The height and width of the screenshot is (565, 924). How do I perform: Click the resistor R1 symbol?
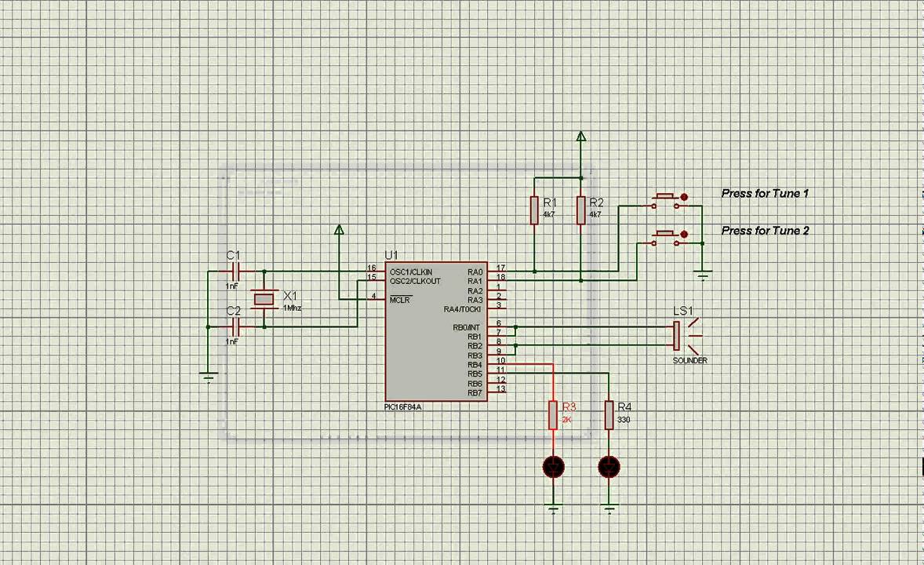(x=534, y=210)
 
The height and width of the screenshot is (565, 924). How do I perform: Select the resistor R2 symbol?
(x=581, y=210)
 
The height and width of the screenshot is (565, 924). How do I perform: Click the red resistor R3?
(x=553, y=415)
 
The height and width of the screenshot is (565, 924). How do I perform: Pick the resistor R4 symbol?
(x=609, y=415)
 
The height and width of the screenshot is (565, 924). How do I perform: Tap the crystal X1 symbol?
(x=264, y=299)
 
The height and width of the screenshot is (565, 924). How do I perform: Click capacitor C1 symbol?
(x=233, y=272)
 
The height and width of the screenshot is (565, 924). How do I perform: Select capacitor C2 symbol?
(x=233, y=326)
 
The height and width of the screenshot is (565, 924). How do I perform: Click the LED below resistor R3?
(x=553, y=468)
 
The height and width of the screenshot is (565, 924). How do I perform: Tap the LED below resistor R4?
(x=609, y=468)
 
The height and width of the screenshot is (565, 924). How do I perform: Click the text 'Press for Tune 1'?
(x=765, y=193)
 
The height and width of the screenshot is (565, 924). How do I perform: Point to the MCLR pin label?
(x=400, y=300)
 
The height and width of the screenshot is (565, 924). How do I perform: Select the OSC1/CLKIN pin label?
(x=410, y=272)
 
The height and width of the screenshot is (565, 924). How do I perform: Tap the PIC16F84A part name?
(x=402, y=406)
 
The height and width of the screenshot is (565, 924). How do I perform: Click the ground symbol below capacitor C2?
(x=208, y=377)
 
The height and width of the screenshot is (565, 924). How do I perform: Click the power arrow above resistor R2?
(x=581, y=137)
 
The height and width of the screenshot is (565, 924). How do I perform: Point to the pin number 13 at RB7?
(x=500, y=389)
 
